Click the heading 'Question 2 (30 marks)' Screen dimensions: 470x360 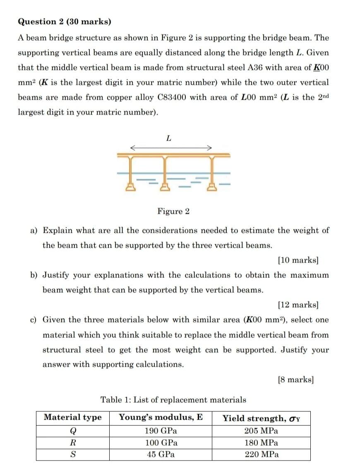[64, 21]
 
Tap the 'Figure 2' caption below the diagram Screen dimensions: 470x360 [173, 212]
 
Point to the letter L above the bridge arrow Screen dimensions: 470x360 [168, 138]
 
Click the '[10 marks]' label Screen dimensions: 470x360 [298, 260]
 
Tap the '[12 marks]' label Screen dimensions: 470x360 [298, 305]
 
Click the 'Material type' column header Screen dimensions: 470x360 [72, 418]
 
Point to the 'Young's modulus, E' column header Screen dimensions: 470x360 [161, 417]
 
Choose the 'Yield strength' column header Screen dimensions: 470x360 [261, 418]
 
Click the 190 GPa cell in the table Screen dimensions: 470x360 [161, 431]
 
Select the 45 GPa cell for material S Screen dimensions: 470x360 [161, 454]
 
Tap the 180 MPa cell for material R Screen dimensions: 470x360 [261, 443]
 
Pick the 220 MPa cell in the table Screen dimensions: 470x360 [261, 454]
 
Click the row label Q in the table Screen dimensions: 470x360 [72, 431]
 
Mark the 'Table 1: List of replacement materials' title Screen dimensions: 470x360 [173, 400]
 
